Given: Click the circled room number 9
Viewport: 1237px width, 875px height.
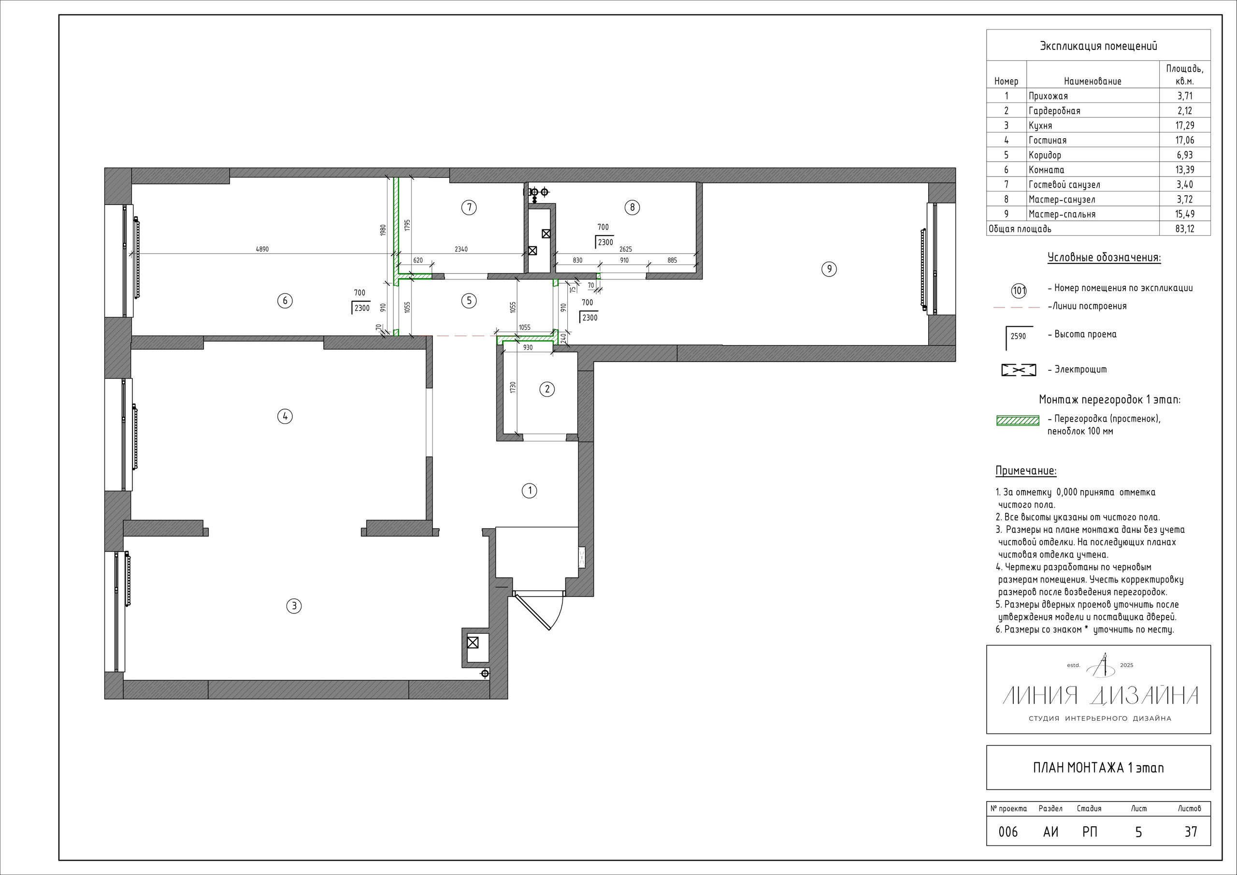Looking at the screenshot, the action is pyautogui.click(x=829, y=269).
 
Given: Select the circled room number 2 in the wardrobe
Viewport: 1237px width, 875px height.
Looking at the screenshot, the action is pyautogui.click(x=547, y=389).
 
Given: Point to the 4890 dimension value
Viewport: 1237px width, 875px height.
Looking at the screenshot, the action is pyautogui.click(x=262, y=249).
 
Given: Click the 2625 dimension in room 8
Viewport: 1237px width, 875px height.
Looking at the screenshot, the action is pyautogui.click(x=625, y=249).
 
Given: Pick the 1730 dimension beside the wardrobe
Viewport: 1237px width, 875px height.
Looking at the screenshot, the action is pyautogui.click(x=513, y=387).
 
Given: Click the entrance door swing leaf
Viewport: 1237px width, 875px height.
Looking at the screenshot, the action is pyautogui.click(x=532, y=612).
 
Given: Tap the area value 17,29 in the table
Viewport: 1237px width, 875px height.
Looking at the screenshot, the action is pyautogui.click(x=1184, y=126).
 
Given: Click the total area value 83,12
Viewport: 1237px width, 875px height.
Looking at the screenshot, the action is pyautogui.click(x=1184, y=229).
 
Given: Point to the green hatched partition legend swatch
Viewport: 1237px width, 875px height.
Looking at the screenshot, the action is pyautogui.click(x=1018, y=421).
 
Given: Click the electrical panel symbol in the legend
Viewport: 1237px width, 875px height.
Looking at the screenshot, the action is pyautogui.click(x=1018, y=370).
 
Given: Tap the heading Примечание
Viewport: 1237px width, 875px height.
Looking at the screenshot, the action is pyautogui.click(x=1026, y=471).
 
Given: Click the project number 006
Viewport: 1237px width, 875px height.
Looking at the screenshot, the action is pyautogui.click(x=1008, y=832).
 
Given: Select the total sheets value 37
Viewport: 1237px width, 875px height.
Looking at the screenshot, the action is pyautogui.click(x=1191, y=832).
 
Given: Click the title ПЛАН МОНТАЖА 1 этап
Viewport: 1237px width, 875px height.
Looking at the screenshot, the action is pyautogui.click(x=1098, y=768).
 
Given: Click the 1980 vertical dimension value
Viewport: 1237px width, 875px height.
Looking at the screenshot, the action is pyautogui.click(x=383, y=230).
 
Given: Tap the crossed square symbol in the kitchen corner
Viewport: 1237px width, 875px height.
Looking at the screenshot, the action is pyautogui.click(x=473, y=642).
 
